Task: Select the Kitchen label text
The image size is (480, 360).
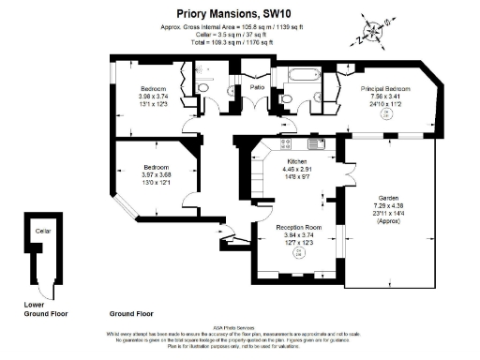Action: (x=297, y=160)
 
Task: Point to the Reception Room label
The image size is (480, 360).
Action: (x=298, y=228)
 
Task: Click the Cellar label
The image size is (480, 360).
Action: (x=42, y=230)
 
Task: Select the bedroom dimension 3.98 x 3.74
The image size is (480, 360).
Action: (x=153, y=97)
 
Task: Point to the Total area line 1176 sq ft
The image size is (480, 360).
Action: (x=238, y=43)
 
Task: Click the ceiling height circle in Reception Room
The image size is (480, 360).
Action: (x=299, y=252)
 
